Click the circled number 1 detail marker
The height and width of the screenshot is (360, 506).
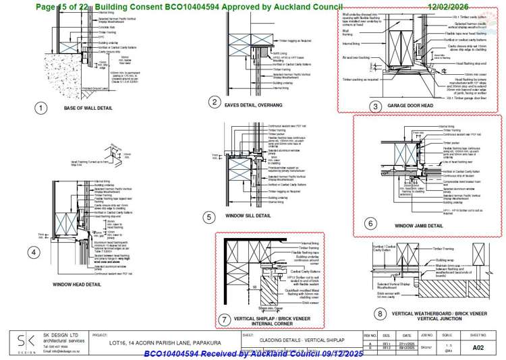coord(42,108)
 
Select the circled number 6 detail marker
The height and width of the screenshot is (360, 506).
coord(369,223)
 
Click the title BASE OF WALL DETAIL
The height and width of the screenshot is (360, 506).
coord(88,108)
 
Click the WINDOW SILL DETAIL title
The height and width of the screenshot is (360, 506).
coord(248,216)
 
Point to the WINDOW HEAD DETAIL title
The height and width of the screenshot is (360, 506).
coord(77,284)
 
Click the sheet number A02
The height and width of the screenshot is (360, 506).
coord(478,347)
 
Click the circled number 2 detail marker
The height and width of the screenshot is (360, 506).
coord(215,102)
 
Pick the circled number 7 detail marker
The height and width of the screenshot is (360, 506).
coord(224,318)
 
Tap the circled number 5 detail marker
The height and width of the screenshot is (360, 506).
coord(210,216)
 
